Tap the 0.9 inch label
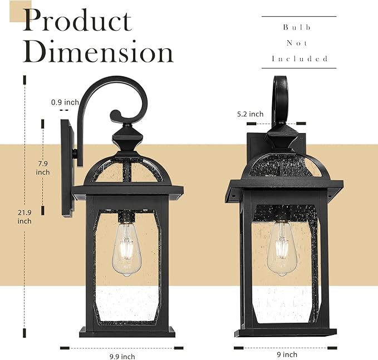pos(65,102)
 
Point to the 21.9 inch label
pos(24,216)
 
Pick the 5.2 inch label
pos(250,114)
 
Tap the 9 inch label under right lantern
pos(287,354)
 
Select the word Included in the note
pos(300,58)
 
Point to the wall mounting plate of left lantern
pos(68,166)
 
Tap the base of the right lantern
pos(286,333)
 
